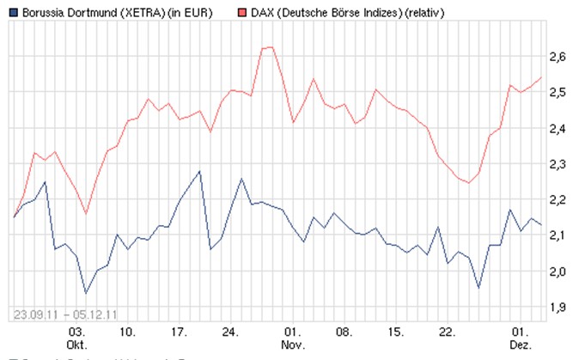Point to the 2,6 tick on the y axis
(558, 57)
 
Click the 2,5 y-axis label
(558, 92)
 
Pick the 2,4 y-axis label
(558, 128)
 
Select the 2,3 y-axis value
(558, 164)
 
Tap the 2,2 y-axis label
(558, 199)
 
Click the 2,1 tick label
(558, 235)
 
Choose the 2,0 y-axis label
(558, 272)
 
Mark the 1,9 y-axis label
(558, 307)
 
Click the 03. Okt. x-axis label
(76, 336)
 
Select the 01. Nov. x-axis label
(293, 336)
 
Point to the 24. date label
(229, 330)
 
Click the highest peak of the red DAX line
(270, 46)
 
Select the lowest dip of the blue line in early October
(85, 293)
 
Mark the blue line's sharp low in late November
(479, 287)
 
